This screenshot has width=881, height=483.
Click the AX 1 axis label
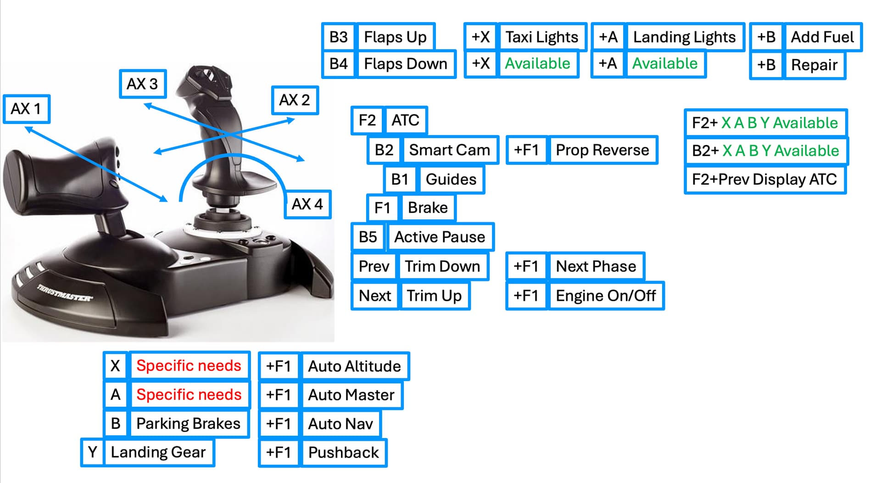tap(26, 109)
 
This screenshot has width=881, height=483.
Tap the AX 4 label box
tap(307, 204)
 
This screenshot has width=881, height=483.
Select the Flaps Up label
tap(395, 37)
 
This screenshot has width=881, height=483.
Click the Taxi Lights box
tap(541, 37)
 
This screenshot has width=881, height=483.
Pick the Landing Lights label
tap(684, 37)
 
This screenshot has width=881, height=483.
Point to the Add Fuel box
tap(822, 37)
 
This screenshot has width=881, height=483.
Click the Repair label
tap(814, 65)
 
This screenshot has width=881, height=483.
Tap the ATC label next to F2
tap(406, 120)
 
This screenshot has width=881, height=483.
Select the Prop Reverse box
tap(602, 150)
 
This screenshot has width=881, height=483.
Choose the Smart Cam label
tap(450, 150)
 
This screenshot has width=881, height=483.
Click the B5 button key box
tap(368, 237)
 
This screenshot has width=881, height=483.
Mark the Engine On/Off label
tap(606, 296)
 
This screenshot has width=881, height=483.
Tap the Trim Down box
tap(442, 266)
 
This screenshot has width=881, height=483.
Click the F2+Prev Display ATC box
tap(764, 179)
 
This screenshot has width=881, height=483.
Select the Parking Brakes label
tap(189, 423)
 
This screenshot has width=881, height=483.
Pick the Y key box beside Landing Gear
tap(93, 452)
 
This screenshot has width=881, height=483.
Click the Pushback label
tap(344, 453)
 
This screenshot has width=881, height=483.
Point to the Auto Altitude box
tap(354, 366)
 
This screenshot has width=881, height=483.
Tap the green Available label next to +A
tap(665, 63)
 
